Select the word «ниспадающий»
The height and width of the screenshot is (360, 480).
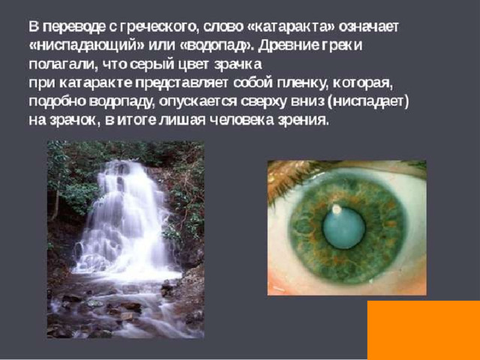86,46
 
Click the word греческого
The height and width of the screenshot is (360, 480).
157,28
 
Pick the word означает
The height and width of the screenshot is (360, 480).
369,27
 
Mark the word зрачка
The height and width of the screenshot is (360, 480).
238,65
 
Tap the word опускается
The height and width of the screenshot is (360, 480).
198,102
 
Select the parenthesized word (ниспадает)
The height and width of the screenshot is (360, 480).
367,102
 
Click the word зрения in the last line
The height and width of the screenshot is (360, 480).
303,121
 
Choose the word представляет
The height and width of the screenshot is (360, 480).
181,83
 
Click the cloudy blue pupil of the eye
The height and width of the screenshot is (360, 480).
344,228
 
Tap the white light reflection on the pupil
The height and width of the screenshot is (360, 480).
336,209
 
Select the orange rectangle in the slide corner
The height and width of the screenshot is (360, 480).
424,330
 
